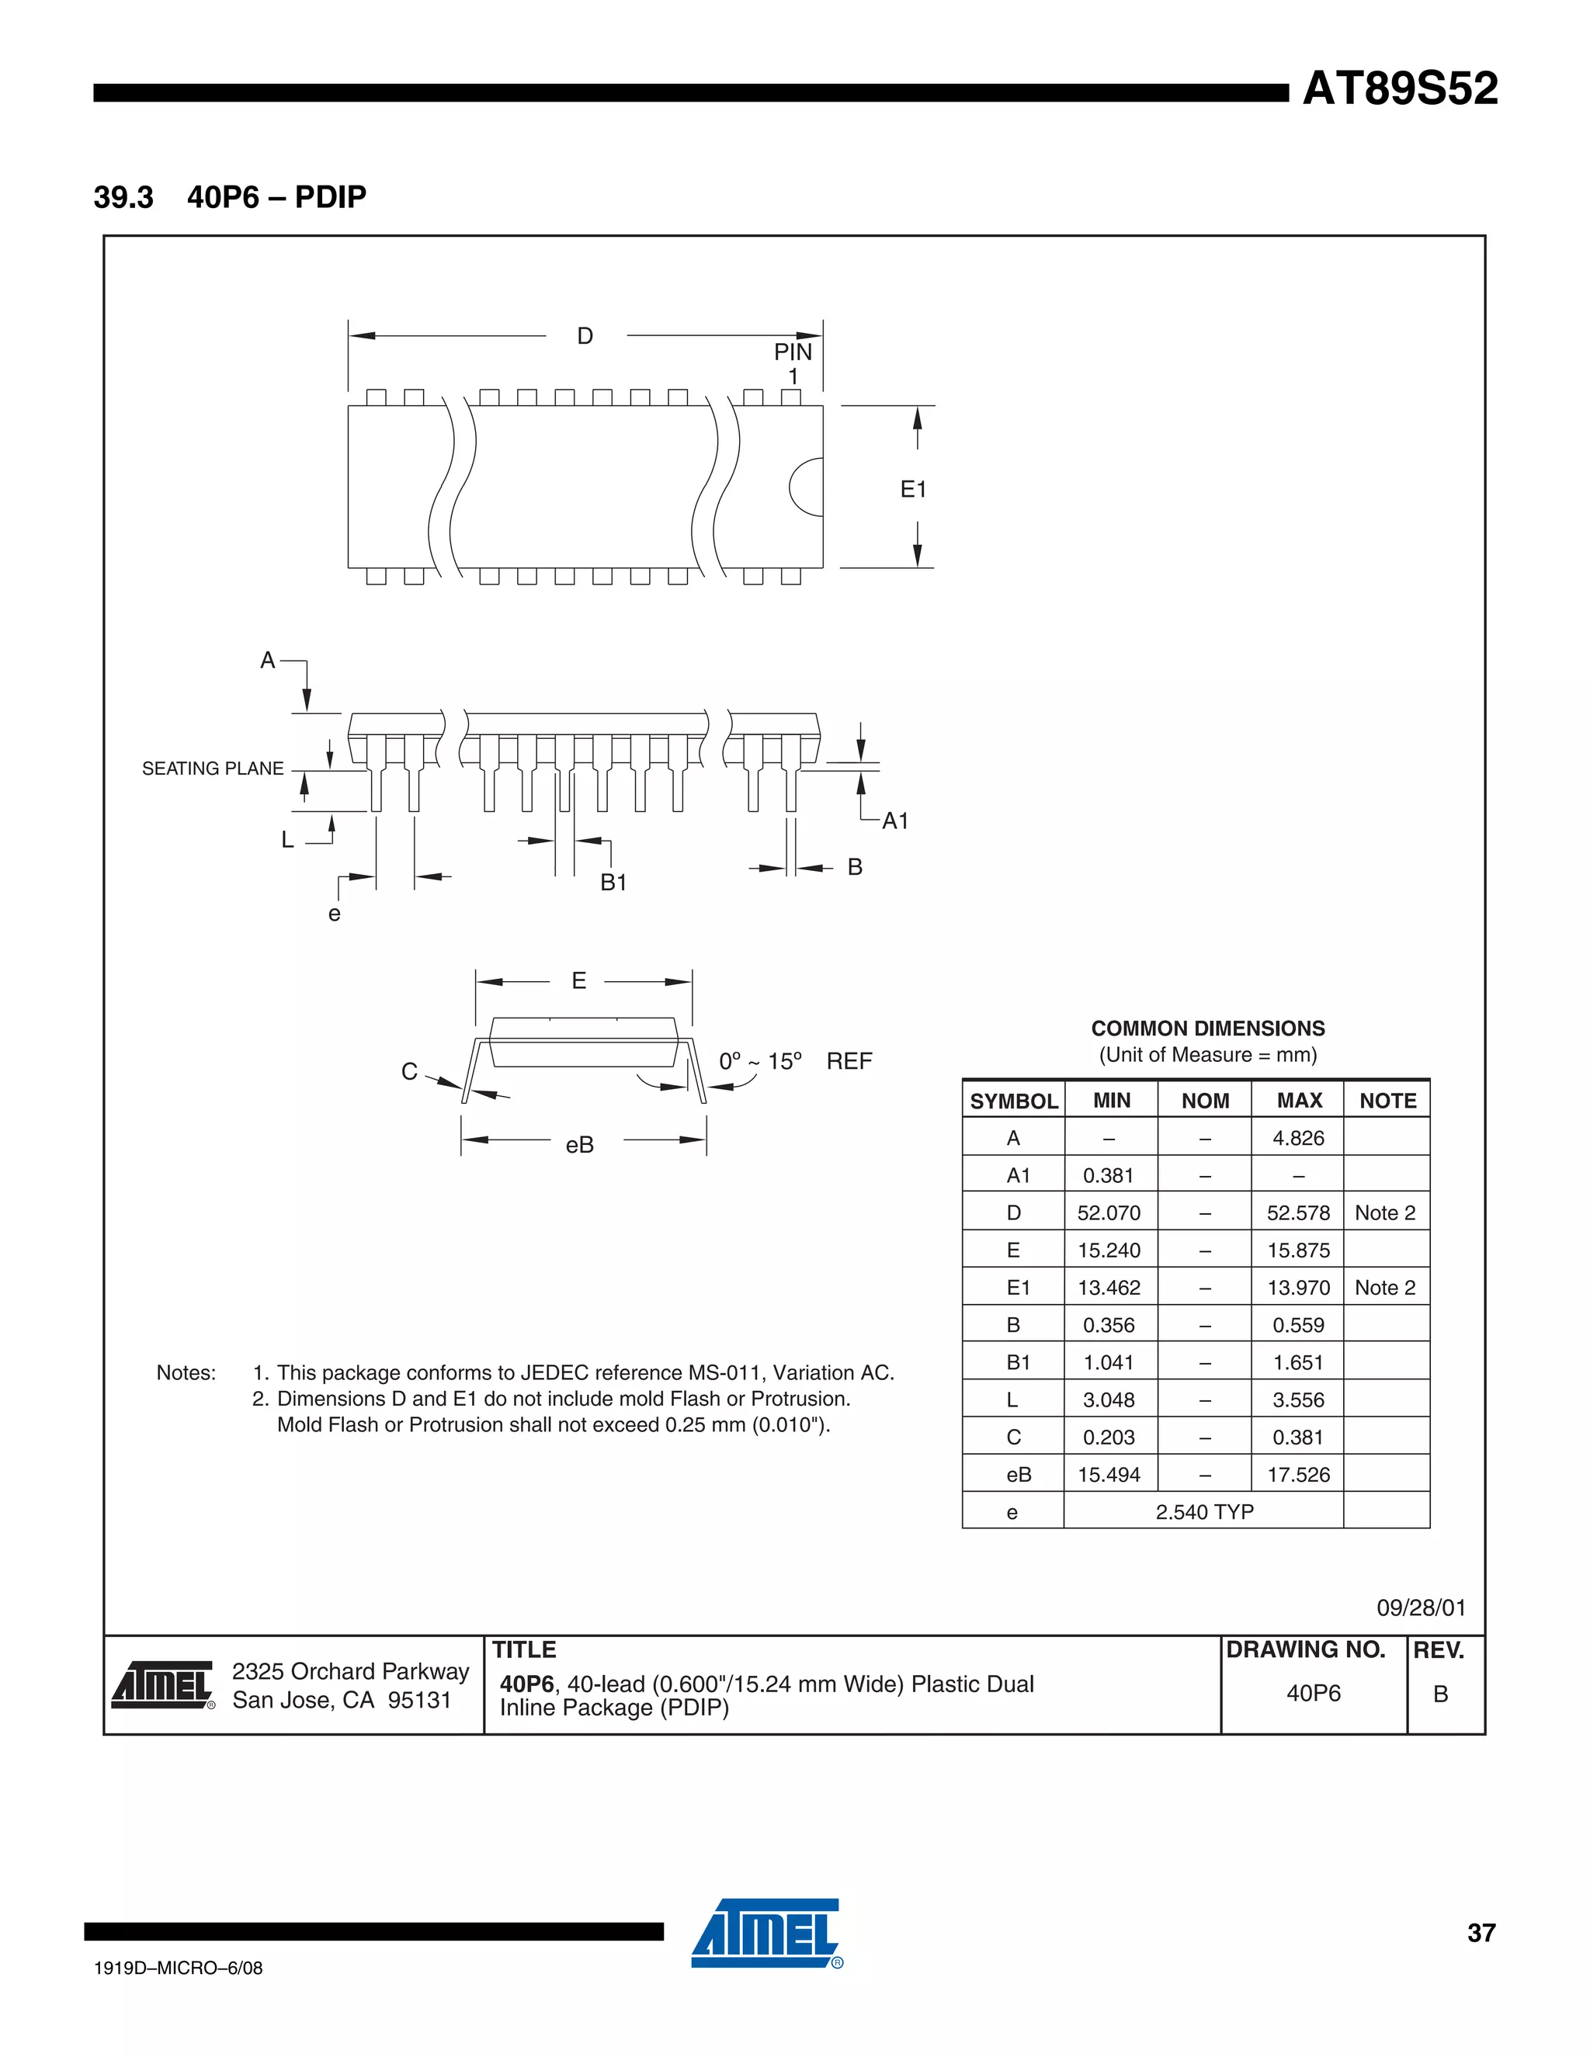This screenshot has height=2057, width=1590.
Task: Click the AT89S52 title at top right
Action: point(1399,89)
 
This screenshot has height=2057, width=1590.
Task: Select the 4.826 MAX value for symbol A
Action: point(1298,1138)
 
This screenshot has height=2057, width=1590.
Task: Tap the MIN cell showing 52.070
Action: point(1109,1213)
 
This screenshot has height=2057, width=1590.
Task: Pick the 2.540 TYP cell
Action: point(1204,1511)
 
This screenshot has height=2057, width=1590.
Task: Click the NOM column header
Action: point(1205,1100)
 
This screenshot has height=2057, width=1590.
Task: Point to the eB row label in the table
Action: point(1019,1475)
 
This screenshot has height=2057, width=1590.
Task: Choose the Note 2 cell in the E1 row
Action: point(1385,1288)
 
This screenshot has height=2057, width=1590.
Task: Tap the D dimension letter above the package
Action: point(585,336)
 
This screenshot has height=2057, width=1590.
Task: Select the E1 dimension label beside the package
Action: point(913,489)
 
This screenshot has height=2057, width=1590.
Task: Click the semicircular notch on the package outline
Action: point(807,487)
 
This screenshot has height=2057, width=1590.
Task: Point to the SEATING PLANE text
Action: point(213,768)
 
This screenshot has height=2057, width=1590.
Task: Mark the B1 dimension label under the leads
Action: point(613,883)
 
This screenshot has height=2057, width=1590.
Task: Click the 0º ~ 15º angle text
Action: point(760,1061)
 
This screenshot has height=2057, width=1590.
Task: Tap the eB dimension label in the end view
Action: point(579,1144)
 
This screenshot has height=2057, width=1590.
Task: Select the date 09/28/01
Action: point(1421,1608)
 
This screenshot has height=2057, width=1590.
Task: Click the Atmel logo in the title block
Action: point(163,1685)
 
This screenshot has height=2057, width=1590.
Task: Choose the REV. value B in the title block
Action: point(1440,1694)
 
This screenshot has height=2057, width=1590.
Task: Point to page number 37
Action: point(1481,1933)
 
